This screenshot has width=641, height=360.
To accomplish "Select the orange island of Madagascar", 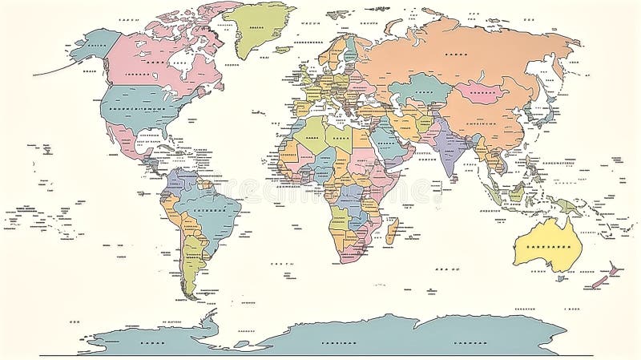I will pos(392,231).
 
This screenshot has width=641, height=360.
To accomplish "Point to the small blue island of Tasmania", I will pos(561,277).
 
